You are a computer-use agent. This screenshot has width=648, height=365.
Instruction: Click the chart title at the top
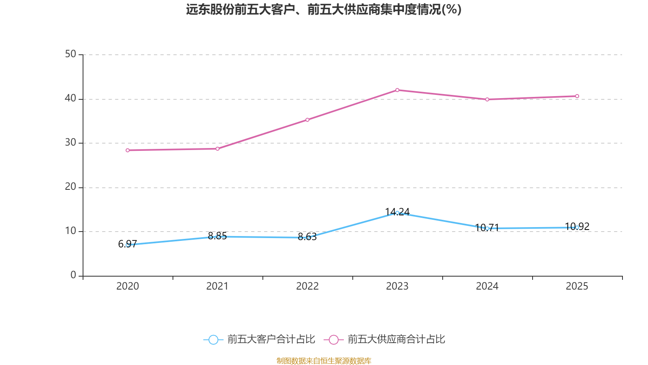[x=324, y=9]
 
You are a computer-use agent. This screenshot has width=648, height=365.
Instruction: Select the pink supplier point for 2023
[x=397, y=90]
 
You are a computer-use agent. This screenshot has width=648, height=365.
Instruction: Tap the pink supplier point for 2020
[x=128, y=150]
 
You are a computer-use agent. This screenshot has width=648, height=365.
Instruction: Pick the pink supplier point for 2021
[x=217, y=148]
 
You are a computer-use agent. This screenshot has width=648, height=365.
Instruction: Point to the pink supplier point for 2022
[x=307, y=120]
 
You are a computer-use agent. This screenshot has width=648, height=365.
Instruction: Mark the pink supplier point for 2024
[x=487, y=99]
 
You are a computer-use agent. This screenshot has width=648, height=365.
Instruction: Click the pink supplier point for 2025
[x=577, y=96]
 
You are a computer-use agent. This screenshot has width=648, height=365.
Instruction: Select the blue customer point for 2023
[x=397, y=213]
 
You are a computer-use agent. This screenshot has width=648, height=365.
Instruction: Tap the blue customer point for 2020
[x=128, y=245]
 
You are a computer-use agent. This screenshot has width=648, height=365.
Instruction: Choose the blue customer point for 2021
[x=217, y=236]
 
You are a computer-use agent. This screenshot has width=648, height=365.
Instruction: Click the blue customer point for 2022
[x=307, y=238]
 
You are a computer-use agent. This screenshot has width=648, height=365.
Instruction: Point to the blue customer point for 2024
[x=487, y=228]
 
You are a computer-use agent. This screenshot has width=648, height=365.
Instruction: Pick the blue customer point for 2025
[x=577, y=228]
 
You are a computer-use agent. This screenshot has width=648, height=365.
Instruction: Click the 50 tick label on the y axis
[x=70, y=54]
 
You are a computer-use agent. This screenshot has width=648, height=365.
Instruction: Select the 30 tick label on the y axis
[x=70, y=143]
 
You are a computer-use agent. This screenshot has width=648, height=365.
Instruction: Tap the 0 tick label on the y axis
[x=73, y=275]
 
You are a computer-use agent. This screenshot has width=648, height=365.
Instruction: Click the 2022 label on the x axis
[x=307, y=286]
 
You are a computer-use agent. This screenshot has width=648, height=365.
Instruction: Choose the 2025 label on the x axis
[x=577, y=286]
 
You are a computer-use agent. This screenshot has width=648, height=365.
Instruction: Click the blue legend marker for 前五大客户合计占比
[x=213, y=339]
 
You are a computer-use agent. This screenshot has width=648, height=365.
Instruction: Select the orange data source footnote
[x=324, y=361]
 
